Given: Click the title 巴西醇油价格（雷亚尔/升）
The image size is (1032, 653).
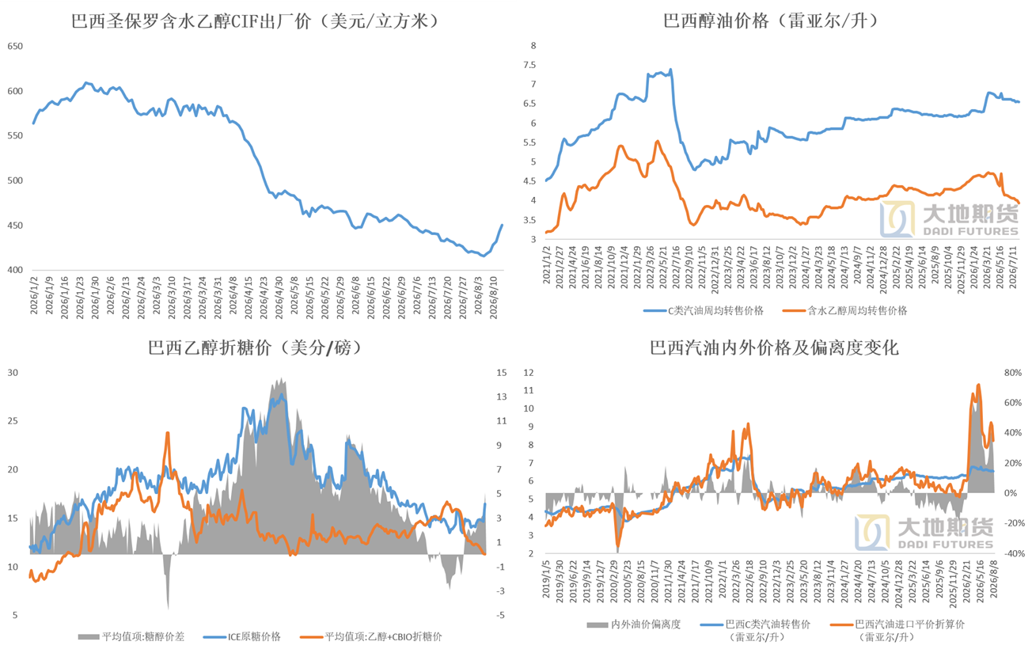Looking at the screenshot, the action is tap(772, 21).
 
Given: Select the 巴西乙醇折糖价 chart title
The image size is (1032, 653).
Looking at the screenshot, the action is tap(256, 348).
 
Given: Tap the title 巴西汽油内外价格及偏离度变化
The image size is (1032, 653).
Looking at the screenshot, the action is tap(773, 348).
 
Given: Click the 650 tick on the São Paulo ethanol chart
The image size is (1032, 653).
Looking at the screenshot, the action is tap(15, 46).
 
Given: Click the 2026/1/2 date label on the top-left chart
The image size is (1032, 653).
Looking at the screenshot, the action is tap(34, 296).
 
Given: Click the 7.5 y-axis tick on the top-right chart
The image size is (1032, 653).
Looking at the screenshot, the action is tap(529, 65).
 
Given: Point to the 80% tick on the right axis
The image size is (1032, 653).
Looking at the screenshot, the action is tap(1013, 373).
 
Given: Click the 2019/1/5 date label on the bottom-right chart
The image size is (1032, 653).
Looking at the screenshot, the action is tap(546, 579).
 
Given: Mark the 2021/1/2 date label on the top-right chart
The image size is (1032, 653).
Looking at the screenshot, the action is tap(546, 264).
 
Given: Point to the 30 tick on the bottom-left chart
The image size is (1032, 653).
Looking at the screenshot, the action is tap(13, 373).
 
